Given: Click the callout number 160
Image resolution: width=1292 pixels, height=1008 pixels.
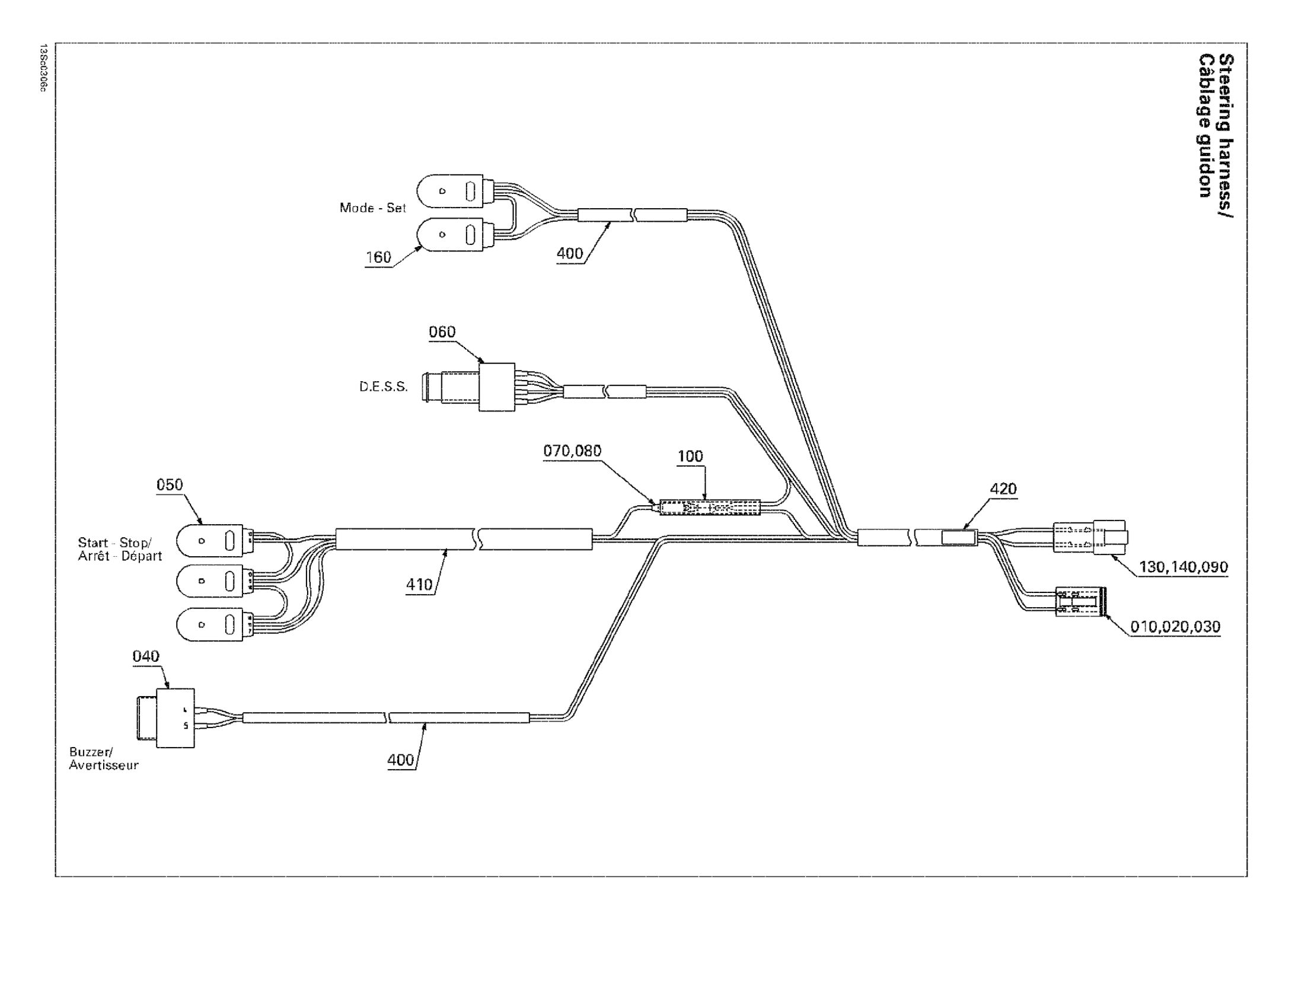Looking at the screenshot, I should [378, 257].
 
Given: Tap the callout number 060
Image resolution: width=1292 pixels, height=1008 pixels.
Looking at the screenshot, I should [442, 332].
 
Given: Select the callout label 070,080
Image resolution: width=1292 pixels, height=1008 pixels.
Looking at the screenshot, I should [572, 451].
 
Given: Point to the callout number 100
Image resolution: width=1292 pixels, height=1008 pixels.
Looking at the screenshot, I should [690, 457].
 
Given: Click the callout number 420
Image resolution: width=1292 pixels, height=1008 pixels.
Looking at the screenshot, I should [1003, 489].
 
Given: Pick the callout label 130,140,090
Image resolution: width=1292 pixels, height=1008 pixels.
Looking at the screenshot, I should [1183, 567].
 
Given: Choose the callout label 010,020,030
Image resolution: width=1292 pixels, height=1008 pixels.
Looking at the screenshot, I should [1175, 627].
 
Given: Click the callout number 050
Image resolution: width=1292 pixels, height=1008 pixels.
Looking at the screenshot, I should [170, 485].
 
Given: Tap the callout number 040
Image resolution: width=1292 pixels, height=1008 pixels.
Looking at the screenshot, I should [146, 656].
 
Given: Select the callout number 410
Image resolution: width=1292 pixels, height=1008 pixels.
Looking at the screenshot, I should [419, 585].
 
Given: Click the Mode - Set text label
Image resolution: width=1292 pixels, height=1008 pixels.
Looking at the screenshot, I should [372, 208].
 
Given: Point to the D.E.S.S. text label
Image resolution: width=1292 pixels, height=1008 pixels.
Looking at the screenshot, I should [384, 387].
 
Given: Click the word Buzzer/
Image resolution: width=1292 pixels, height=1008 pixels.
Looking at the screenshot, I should [91, 752].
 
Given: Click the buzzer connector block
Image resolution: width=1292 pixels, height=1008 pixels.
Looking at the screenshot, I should [175, 717].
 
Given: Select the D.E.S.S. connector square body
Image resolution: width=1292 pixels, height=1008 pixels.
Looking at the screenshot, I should [497, 387].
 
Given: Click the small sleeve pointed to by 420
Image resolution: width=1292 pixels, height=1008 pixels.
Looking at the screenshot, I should [959, 538].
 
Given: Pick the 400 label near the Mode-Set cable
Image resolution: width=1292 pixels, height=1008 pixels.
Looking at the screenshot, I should [570, 254].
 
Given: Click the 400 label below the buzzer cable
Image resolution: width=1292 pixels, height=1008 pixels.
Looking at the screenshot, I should [401, 760].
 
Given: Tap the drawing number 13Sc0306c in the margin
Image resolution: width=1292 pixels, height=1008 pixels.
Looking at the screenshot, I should [42, 68].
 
